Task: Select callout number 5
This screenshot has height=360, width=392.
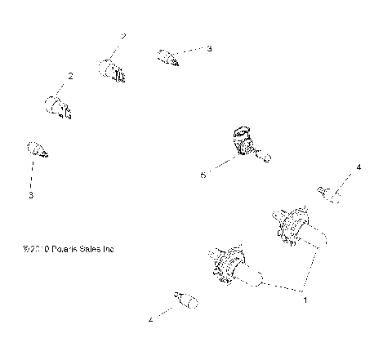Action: click(x=203, y=174)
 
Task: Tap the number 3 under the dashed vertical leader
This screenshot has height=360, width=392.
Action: click(x=31, y=196)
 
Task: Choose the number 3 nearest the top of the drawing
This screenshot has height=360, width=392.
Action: click(x=209, y=49)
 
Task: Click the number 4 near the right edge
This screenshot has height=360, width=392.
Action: click(x=358, y=167)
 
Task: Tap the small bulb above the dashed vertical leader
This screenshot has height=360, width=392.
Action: click(x=36, y=149)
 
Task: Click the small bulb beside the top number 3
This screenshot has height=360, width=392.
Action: click(x=167, y=56)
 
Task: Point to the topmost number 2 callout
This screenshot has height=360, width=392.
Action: click(x=123, y=37)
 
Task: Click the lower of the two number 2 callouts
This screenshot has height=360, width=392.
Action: click(x=70, y=76)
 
